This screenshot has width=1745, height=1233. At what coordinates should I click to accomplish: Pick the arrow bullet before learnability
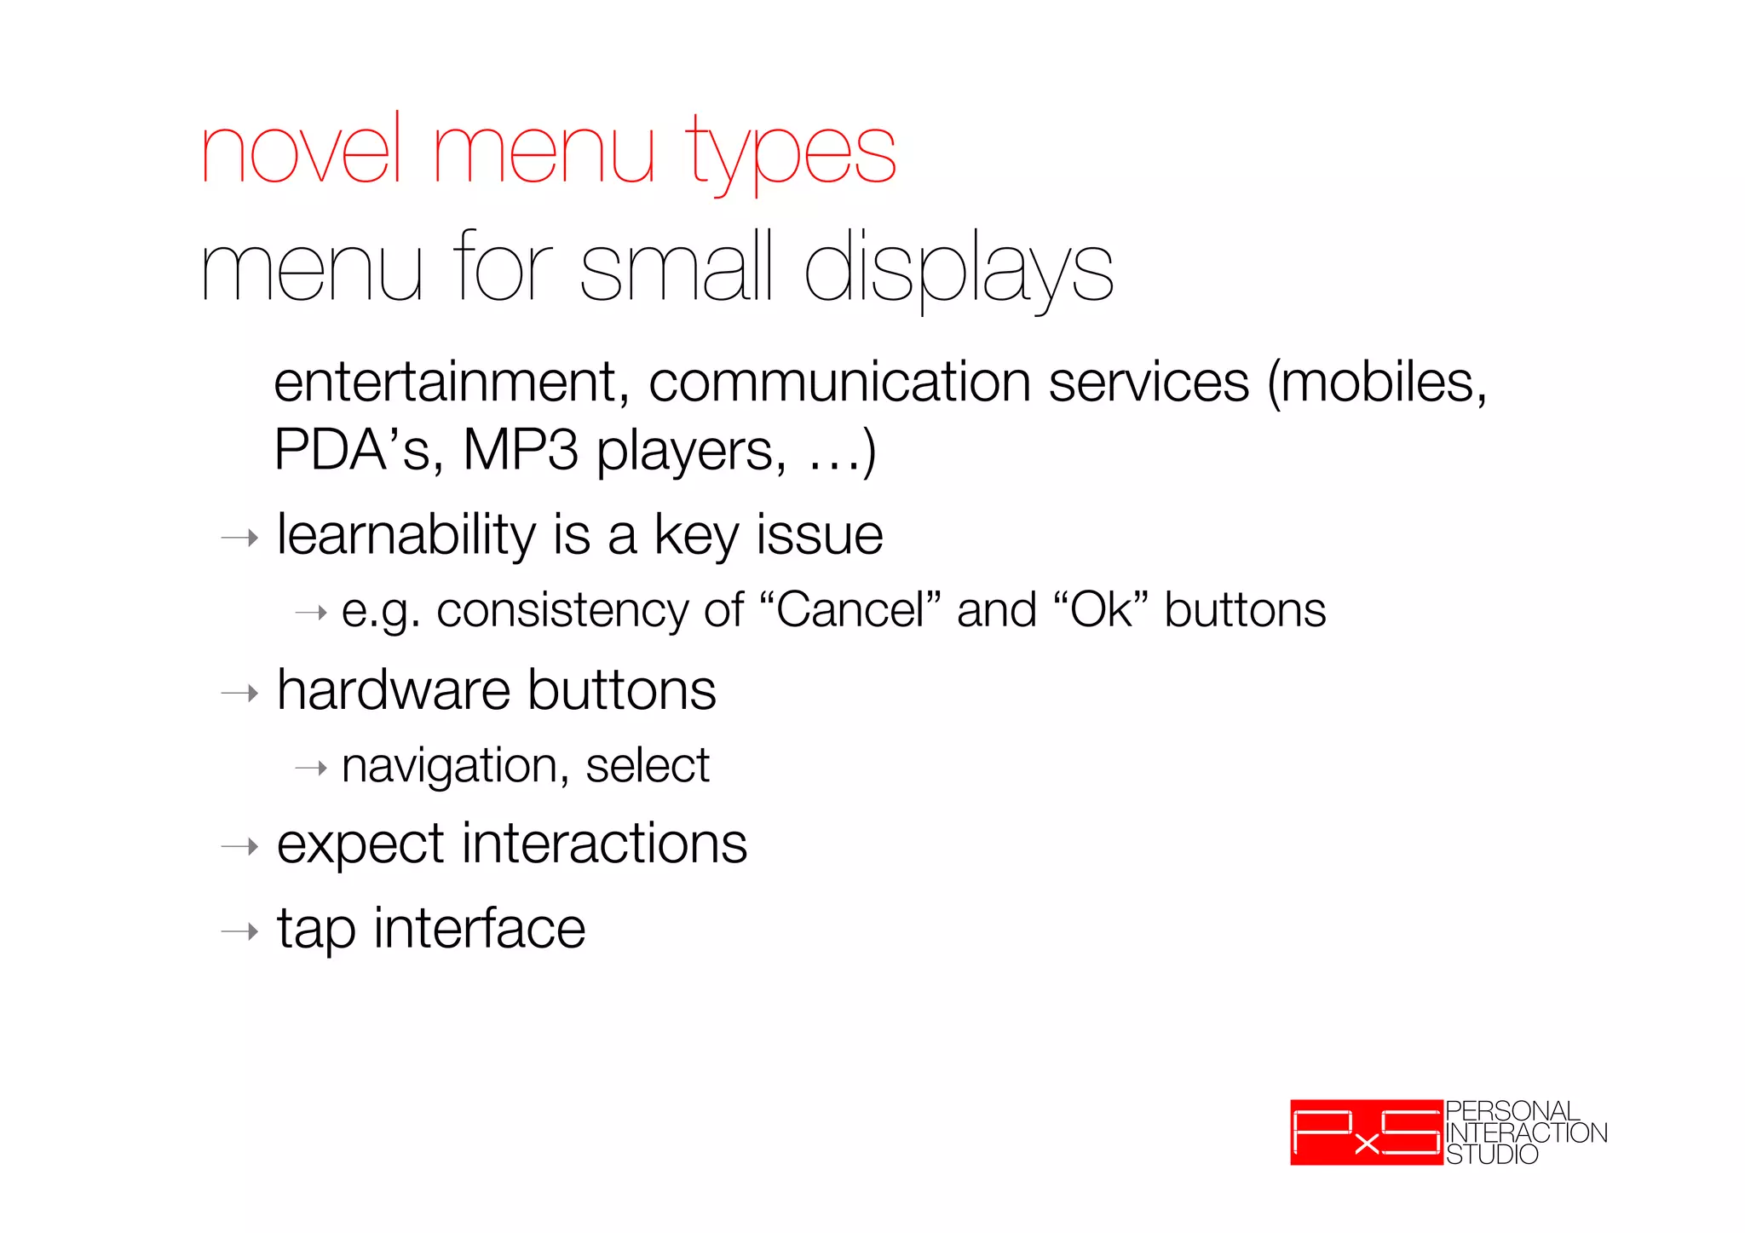pyautogui.click(x=239, y=538)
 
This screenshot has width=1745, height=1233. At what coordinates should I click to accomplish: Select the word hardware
pyautogui.click(x=394, y=690)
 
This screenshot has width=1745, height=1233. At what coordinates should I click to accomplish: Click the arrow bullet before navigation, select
pyautogui.click(x=311, y=769)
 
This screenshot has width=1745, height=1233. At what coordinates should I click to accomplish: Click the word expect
pyautogui.click(x=361, y=845)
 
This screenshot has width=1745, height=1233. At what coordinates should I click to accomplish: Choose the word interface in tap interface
pyautogui.click(x=479, y=929)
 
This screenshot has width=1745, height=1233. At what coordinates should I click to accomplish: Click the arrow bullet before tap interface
pyautogui.click(x=239, y=931)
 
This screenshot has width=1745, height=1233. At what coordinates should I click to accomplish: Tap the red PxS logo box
pyautogui.click(x=1366, y=1132)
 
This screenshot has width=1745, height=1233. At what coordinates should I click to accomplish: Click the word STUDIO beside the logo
pyautogui.click(x=1491, y=1155)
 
